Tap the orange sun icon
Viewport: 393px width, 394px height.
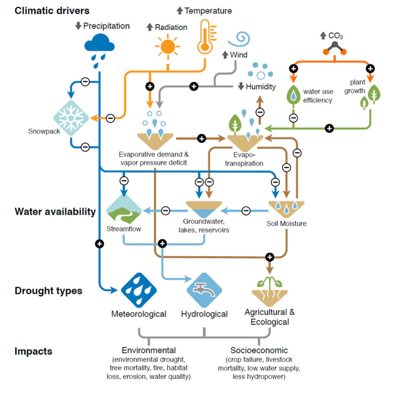pyautogui.click(x=167, y=47)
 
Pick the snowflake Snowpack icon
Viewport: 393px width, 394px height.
pyautogui.click(x=71, y=118)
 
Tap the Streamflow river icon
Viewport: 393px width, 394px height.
pyautogui.click(x=124, y=209)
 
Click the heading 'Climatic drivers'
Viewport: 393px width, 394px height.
pyautogui.click(x=52, y=10)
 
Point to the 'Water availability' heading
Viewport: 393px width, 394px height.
pyautogui.click(x=55, y=212)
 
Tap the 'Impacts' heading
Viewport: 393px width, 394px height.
pyautogui.click(x=33, y=351)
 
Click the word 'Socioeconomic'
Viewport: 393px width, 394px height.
pyautogui.click(x=259, y=351)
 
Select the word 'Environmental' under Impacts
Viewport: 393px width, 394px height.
pyautogui.click(x=149, y=351)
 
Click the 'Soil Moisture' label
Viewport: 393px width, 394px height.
pyautogui.click(x=286, y=224)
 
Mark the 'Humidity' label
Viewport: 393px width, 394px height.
pyautogui.click(x=261, y=87)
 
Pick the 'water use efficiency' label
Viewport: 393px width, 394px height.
pyautogui.click(x=318, y=96)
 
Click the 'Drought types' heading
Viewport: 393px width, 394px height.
pyautogui.click(x=48, y=290)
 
